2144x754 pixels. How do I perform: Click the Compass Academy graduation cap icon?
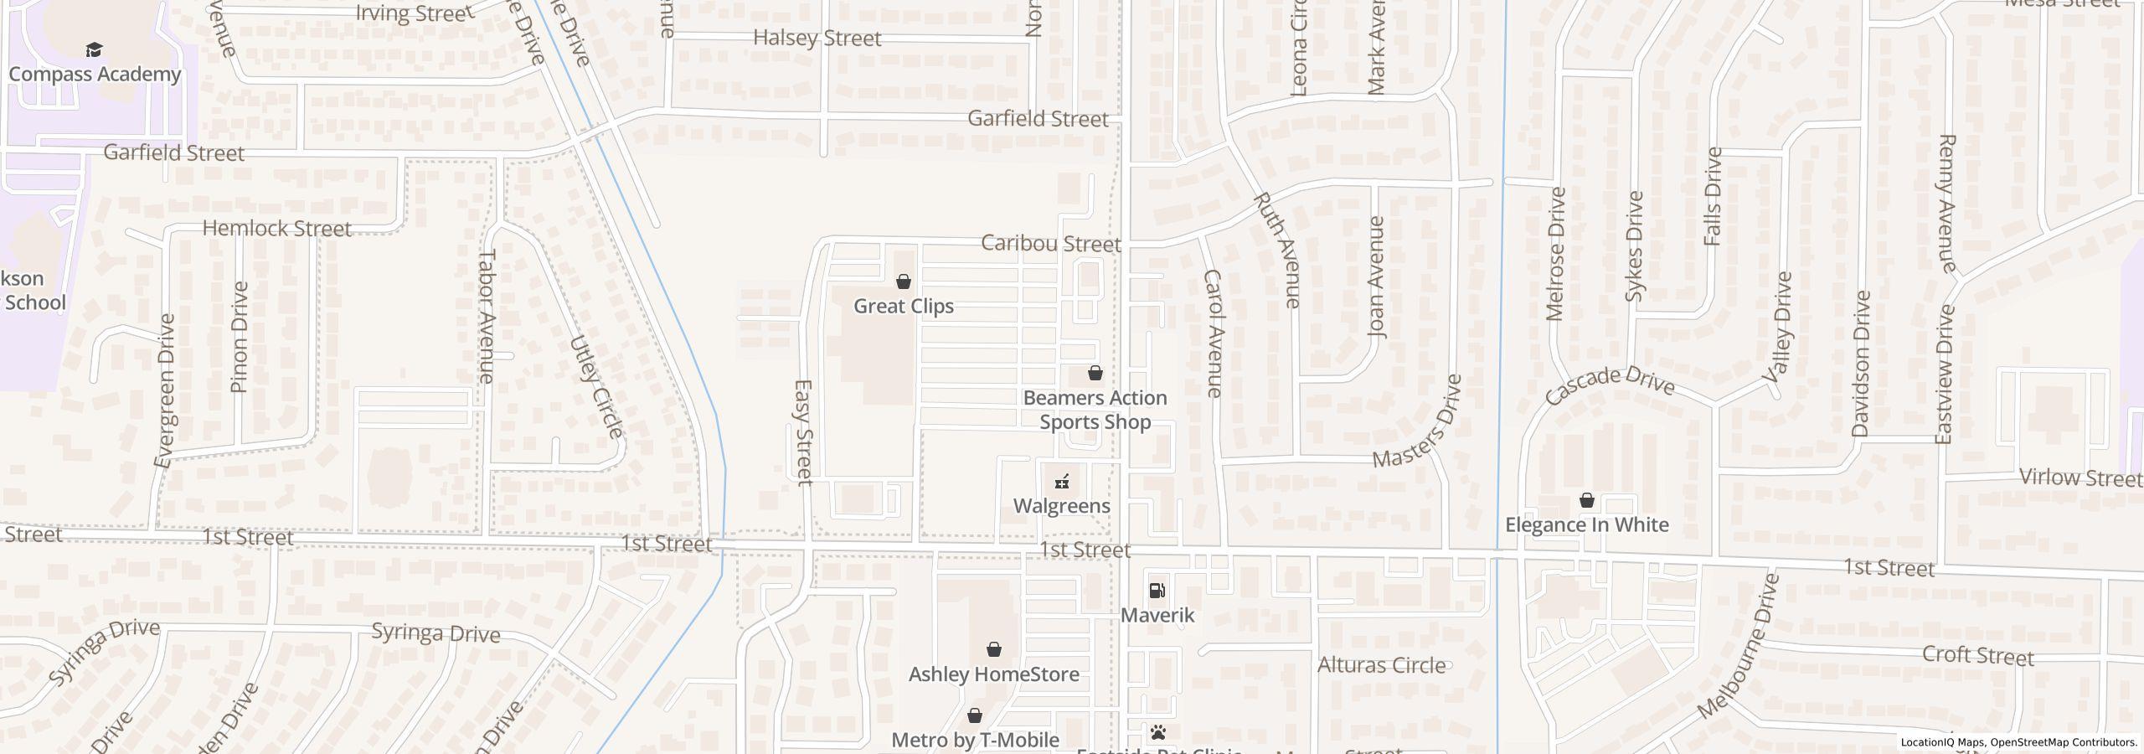coord(95,50)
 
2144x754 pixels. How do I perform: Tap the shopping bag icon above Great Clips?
coord(904,281)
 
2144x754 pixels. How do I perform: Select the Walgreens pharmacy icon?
coord(1062,482)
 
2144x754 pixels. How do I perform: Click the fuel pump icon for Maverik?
coord(1157,591)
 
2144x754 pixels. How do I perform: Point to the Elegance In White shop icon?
coord(1586,500)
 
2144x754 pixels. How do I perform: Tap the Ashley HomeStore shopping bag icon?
coord(994,649)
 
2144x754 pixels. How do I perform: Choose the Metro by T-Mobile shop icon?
coord(975,715)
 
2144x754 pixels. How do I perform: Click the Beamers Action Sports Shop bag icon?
coord(1095,373)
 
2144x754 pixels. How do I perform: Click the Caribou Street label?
coord(1050,243)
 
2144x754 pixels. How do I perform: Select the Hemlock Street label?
coord(276,228)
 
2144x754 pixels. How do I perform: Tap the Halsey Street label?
coord(817,38)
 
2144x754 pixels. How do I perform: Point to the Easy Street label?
coord(803,432)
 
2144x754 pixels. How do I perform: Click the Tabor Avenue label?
coord(487,316)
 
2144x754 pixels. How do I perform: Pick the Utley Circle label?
coord(596,386)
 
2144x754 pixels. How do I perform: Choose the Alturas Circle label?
coord(1381,665)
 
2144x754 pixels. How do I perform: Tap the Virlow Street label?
coord(2080,478)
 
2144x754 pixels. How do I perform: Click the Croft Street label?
coord(1977,654)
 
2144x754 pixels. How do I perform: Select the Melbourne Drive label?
coord(1738,646)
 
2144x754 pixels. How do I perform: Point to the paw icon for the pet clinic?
coord(1158,733)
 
